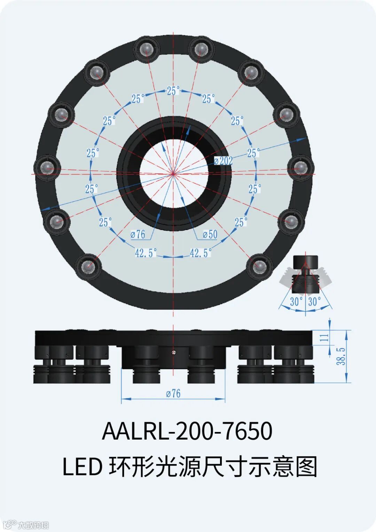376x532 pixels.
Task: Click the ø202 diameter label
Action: point(223,161)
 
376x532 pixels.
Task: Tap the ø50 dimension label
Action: point(210,235)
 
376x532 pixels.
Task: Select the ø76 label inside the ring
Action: point(138,235)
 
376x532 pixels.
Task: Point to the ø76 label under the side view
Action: point(173,393)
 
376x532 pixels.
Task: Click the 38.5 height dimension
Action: point(341,356)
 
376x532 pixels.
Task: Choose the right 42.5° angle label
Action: point(201,253)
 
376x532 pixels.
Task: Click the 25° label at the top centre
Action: point(173,91)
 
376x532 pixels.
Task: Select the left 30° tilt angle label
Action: point(296,302)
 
